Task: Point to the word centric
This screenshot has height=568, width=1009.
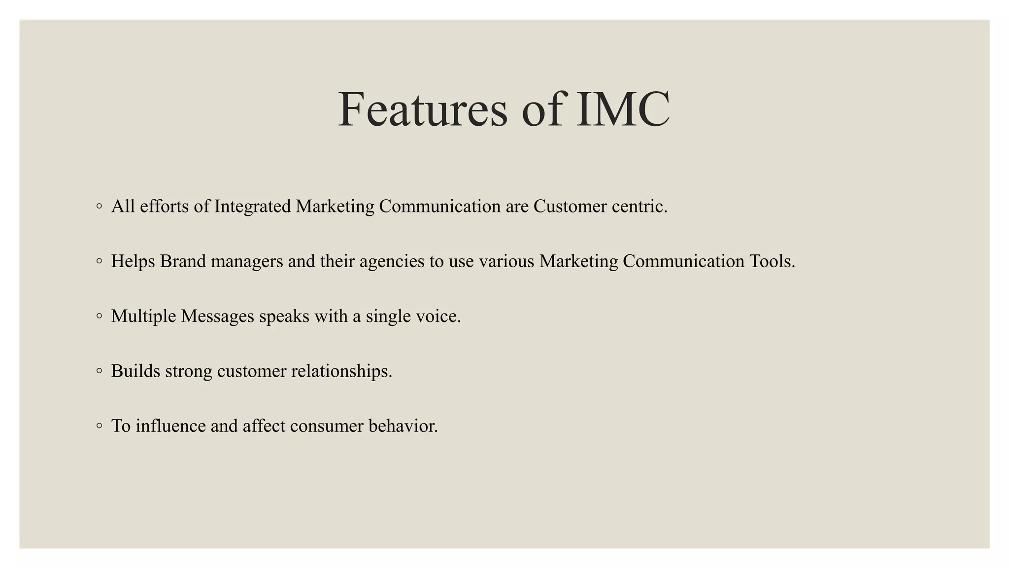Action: tap(639, 207)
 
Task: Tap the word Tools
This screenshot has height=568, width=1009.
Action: tap(772, 261)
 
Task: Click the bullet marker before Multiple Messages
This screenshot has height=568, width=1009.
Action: tap(100, 316)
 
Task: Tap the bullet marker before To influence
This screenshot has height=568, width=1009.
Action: tap(100, 426)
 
